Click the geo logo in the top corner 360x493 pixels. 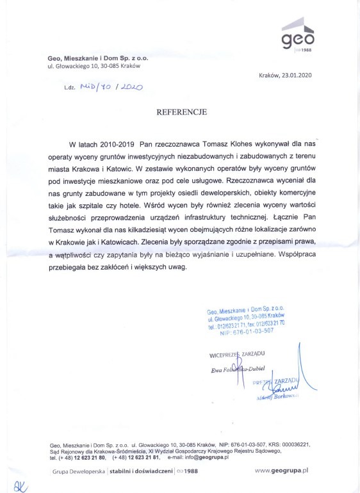pyautogui.click(x=299, y=36)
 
